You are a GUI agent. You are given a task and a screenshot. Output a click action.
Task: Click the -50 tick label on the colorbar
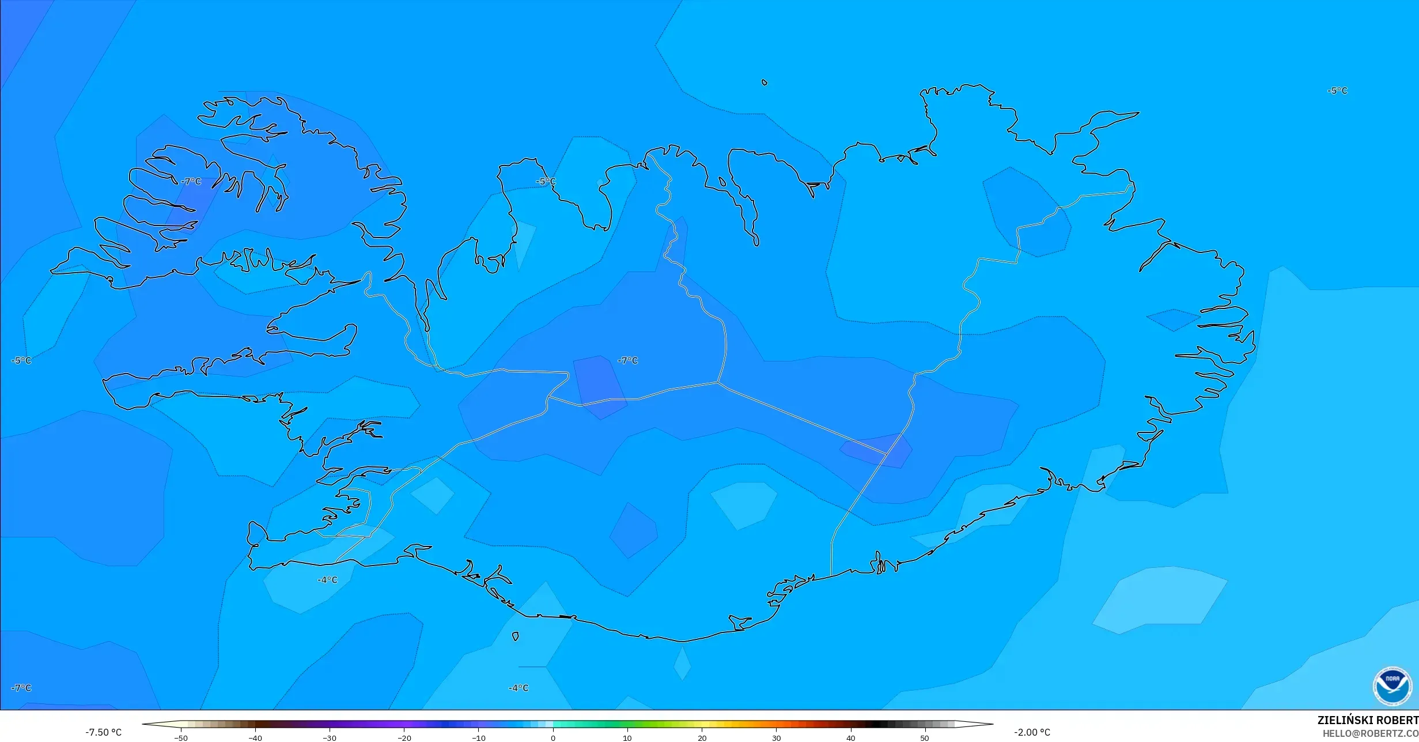pos(181,737)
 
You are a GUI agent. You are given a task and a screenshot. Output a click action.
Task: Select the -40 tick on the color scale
pos(255,737)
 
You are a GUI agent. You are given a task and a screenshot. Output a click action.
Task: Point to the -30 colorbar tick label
pos(330,737)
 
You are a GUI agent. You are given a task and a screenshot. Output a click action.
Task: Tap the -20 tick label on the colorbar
pos(404,737)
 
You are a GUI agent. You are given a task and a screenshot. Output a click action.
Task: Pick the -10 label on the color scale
pos(479,737)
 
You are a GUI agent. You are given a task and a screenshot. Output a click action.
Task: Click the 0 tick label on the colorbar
pos(553,737)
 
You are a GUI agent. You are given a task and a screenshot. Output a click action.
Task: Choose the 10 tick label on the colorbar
pos(627,737)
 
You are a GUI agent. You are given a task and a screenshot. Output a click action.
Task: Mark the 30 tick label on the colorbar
pos(776,737)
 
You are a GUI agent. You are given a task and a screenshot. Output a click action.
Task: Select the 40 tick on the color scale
pos(850,737)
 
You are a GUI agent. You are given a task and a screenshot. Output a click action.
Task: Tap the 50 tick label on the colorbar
pos(925,737)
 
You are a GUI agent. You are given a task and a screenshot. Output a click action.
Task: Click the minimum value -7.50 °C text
pos(104,732)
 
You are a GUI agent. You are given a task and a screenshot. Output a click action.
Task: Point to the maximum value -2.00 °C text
pos(1032,732)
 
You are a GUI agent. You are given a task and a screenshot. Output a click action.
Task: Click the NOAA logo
pos(1392,686)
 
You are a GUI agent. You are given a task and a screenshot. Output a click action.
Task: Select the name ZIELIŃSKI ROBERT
pos(1368,720)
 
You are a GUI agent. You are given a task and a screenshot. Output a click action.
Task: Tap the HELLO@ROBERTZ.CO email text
pos(1370,733)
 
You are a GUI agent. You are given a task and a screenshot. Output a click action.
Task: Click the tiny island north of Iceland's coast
pos(765,82)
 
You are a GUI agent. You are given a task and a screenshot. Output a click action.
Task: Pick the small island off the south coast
pos(515,636)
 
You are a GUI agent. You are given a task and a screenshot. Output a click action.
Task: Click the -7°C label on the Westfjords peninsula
pos(191,182)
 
